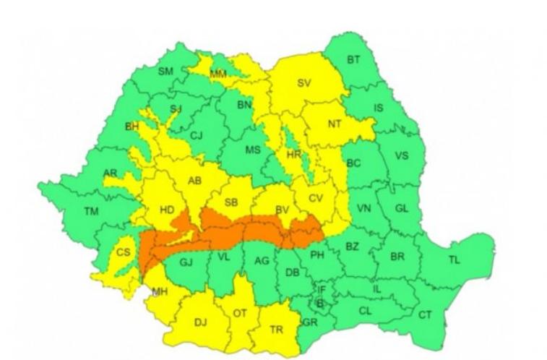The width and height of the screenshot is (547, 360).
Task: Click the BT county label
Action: coord(353,60)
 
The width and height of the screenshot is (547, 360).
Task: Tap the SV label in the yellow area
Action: coord(303,83)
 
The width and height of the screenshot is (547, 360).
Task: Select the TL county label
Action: coord(453,260)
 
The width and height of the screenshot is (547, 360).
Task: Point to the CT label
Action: coord(425,315)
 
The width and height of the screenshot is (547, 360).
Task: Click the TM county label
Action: coord(91,212)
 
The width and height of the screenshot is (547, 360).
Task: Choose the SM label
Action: coord(165,71)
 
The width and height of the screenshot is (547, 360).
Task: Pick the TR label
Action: coord(276,329)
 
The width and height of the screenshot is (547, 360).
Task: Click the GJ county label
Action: coord(186,262)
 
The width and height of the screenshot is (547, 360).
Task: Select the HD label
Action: coord(167,210)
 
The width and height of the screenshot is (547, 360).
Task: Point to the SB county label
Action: coord(231,203)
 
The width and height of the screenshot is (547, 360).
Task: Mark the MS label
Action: coord(252,150)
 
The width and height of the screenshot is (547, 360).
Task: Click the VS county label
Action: coord(401,155)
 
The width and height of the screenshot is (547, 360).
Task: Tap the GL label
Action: coord(402,208)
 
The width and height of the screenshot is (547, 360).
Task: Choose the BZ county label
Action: coord(352,247)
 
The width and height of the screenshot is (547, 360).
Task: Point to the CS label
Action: coord(124,252)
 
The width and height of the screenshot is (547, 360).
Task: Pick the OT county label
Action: coord(239,314)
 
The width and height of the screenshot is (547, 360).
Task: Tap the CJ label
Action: coord(197,135)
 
